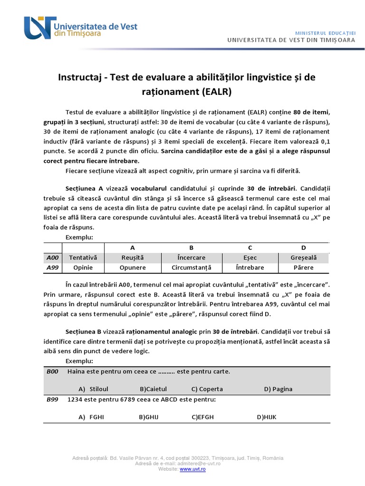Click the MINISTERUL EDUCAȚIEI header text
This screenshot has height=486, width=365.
(325, 32)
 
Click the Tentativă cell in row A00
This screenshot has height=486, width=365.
(83, 257)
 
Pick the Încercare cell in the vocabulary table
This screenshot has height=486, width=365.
(191, 257)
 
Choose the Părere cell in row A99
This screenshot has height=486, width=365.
(303, 267)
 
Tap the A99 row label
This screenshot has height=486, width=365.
(52, 267)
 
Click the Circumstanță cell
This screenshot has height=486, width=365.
(191, 267)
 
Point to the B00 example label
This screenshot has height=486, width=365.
(52, 371)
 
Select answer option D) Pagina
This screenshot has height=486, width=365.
(278, 389)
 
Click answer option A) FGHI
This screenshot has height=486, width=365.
(91, 417)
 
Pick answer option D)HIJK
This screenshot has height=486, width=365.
(267, 417)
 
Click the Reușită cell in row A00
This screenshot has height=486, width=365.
(133, 257)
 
